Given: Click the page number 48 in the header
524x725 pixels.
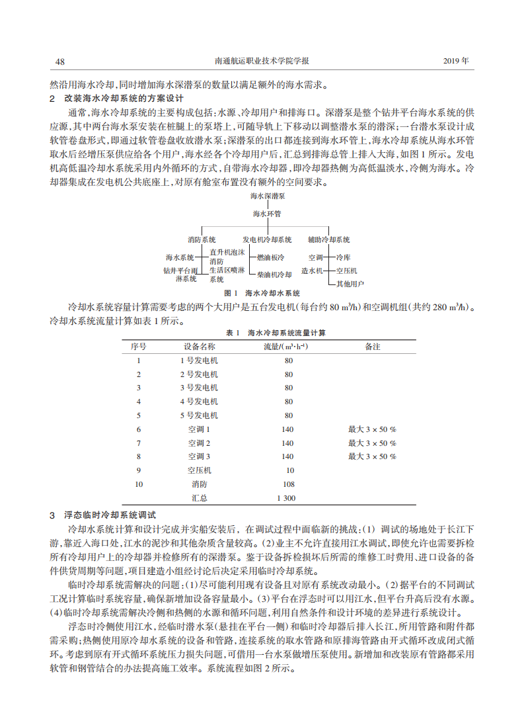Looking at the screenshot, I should (59, 62).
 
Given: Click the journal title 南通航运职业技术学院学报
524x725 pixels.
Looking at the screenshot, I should (263, 62).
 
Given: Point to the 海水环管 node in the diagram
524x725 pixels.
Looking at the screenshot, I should (267, 214).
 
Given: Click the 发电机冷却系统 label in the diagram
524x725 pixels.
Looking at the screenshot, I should (267, 239).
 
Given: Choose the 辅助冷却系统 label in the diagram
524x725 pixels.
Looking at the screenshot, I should (328, 239).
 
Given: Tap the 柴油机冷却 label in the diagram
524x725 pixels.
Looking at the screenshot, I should (274, 274).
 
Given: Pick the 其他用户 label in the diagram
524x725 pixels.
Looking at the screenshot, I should (350, 284).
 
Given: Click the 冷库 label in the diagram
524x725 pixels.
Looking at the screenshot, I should (344, 257).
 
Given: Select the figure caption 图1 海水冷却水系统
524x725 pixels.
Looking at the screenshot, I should (262, 292).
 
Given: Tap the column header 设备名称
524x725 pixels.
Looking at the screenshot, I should (199, 346).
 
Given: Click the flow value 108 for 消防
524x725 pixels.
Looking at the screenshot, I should (288, 484).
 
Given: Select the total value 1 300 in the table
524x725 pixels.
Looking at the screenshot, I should (286, 498).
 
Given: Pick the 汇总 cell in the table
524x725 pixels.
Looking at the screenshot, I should (199, 498).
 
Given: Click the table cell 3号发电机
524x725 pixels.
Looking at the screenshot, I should (199, 388).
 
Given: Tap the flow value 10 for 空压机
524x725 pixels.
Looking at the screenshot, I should (290, 470).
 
